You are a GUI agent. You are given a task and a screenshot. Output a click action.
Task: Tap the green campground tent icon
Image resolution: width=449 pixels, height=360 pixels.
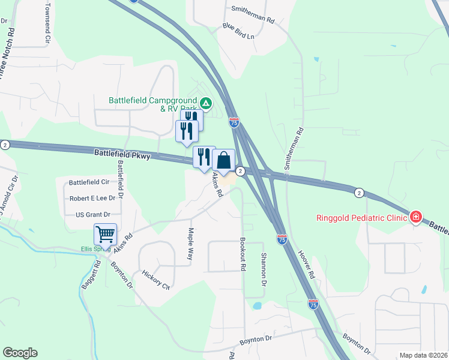205,104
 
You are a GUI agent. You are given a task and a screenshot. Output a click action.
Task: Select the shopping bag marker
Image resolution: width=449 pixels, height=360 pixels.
224,161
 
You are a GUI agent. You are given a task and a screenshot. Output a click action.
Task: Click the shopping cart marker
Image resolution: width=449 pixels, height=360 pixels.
105,235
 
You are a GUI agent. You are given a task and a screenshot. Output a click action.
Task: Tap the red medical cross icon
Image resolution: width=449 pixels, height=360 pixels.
415,217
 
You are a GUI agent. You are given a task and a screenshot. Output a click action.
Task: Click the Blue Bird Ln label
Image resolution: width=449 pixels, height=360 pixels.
238,31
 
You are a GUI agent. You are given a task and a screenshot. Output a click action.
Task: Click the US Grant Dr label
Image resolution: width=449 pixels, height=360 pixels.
94,214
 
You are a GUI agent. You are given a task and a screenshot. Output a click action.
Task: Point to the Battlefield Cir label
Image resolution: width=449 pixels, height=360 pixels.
89,182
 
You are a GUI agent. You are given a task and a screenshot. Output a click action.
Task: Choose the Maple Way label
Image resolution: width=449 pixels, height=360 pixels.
191,243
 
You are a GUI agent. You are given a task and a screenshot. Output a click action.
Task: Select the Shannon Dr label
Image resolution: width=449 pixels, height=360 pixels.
263,268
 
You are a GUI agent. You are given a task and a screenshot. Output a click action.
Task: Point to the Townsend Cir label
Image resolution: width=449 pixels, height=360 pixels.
47,25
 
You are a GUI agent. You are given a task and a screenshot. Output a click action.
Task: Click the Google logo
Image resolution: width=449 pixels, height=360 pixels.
20,353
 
